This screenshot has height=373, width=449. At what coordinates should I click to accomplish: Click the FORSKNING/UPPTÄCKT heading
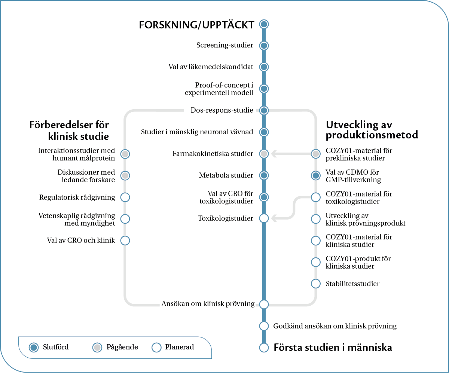(196, 25)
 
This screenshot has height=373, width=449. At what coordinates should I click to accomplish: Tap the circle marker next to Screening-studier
(264, 46)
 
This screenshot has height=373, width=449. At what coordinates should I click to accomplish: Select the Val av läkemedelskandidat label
(211, 67)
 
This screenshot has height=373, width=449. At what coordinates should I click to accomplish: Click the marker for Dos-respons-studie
(264, 110)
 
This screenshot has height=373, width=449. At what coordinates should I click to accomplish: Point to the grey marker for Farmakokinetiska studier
(264, 154)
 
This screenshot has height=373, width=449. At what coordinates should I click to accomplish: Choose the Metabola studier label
(226, 175)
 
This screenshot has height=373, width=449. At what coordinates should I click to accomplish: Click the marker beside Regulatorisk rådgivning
(125, 197)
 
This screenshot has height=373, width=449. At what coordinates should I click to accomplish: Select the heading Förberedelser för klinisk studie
(69, 130)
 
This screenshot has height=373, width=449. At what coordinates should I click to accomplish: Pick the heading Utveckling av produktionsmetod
(372, 129)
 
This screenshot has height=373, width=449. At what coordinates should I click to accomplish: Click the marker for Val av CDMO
(316, 175)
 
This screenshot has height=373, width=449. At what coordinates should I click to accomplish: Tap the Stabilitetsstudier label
(352, 284)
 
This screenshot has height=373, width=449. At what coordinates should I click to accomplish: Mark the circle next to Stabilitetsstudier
(316, 284)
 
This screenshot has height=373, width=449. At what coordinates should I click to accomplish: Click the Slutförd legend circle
(34, 348)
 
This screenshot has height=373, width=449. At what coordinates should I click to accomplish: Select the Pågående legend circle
(97, 348)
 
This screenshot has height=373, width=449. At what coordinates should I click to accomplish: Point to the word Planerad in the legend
(179, 347)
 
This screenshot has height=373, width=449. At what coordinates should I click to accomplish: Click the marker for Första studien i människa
(264, 348)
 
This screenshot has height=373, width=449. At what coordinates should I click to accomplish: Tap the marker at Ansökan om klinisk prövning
(264, 304)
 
